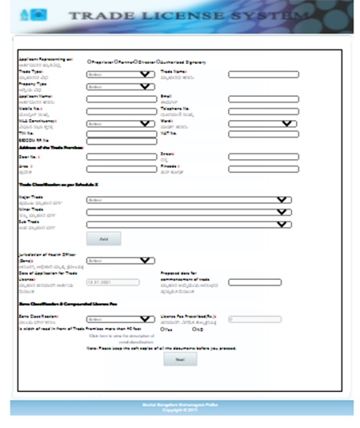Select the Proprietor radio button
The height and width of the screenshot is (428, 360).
point(89,61)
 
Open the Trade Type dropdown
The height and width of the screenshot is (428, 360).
point(120,74)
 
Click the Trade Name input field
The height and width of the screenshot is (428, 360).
point(263,74)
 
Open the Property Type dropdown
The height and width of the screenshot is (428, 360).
point(120,86)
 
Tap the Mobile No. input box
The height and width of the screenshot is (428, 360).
point(120,111)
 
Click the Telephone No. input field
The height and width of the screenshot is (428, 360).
point(263,111)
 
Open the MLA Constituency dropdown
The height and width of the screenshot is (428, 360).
point(120,124)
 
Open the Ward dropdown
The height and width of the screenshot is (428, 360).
point(263,124)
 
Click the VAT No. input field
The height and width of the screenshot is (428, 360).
point(263,134)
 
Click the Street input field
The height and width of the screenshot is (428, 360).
point(263,157)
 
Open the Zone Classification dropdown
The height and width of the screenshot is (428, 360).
point(120,319)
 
